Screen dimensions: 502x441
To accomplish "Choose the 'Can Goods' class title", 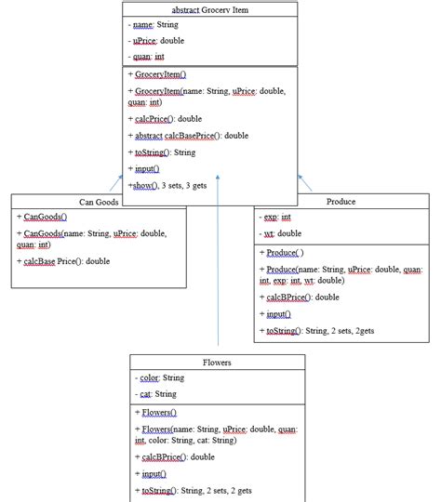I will (98, 201).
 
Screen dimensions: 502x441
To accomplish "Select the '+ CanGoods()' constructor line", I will (42, 216).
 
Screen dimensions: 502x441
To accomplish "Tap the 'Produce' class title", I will (341, 201).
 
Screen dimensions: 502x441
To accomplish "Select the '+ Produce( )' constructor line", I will (285, 252).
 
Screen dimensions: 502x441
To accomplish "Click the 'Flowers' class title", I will (217, 363).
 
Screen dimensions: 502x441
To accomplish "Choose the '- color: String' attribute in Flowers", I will (160, 378).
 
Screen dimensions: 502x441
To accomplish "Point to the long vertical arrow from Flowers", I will (217, 270).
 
